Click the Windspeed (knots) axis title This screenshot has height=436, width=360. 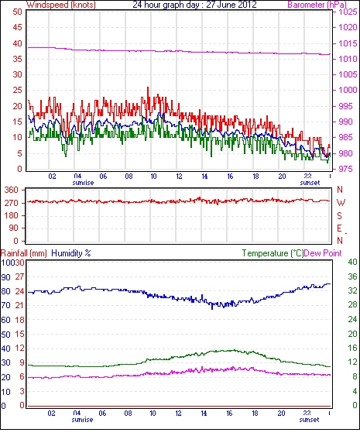coord(61,5)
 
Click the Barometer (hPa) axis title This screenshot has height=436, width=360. coord(317,5)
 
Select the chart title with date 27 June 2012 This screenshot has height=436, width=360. coord(194,5)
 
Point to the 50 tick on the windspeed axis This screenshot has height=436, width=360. coord(17,12)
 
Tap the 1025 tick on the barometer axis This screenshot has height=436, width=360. coord(348,12)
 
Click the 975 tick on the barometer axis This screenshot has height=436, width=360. coord(345,169)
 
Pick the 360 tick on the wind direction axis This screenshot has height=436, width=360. coord(12,191)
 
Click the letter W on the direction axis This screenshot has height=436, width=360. coord(341,203)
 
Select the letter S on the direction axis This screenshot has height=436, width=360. coord(339,215)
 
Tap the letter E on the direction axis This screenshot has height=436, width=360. coord(339,228)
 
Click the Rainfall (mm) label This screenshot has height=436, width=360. coord(24,253)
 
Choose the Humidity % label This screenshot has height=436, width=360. coord(71,253)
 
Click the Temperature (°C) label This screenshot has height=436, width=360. coord(273,253)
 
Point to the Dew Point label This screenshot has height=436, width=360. coord(323,253)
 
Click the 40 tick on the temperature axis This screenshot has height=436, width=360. coord(352,262)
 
